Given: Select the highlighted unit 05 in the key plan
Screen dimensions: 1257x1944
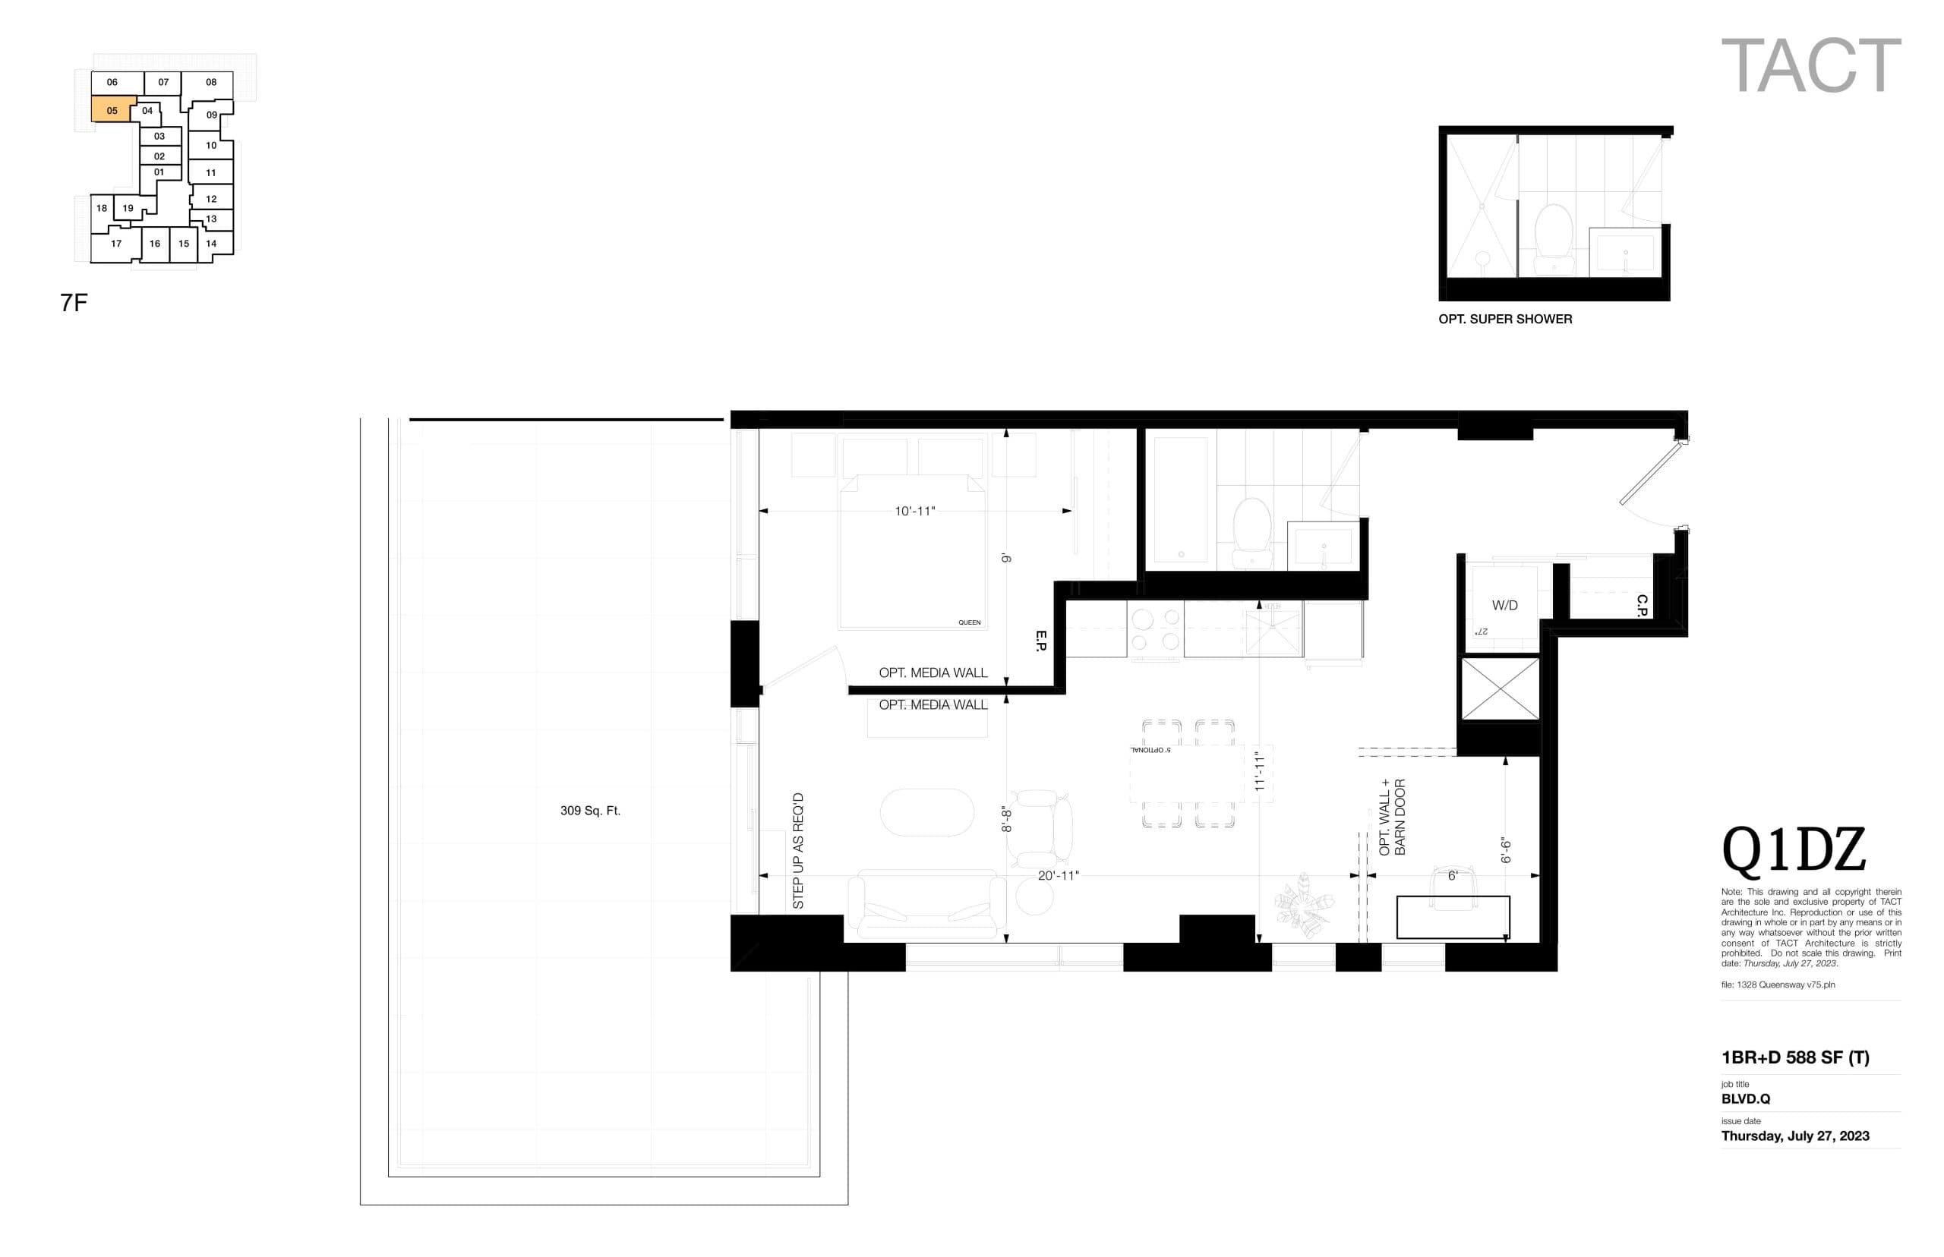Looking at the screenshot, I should click(x=112, y=110).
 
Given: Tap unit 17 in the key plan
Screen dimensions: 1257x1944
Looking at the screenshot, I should click(x=116, y=243).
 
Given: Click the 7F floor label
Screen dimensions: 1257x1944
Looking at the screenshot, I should click(x=74, y=303).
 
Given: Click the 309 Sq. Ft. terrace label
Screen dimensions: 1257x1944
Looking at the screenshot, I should click(x=589, y=811).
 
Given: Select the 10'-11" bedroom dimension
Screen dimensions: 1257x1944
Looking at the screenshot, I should click(x=914, y=511).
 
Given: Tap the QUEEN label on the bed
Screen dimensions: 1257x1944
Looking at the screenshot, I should click(x=968, y=622).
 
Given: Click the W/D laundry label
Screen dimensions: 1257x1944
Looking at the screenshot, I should click(x=1504, y=605).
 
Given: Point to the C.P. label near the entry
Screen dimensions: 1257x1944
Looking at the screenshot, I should click(x=1642, y=605).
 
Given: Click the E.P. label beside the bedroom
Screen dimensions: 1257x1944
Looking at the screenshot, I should click(x=1040, y=641).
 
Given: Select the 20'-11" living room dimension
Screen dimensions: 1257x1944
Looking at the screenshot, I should click(x=1057, y=875).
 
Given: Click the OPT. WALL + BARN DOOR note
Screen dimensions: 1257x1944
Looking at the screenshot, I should click(x=1391, y=817).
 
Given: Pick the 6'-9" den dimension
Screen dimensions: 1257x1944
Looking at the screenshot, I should click(x=1506, y=850).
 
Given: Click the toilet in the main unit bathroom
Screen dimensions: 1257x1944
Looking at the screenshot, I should click(x=1251, y=531).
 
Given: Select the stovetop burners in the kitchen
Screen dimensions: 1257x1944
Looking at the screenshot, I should click(x=1155, y=629).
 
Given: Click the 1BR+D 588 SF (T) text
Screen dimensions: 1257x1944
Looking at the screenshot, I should click(x=1794, y=1058).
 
